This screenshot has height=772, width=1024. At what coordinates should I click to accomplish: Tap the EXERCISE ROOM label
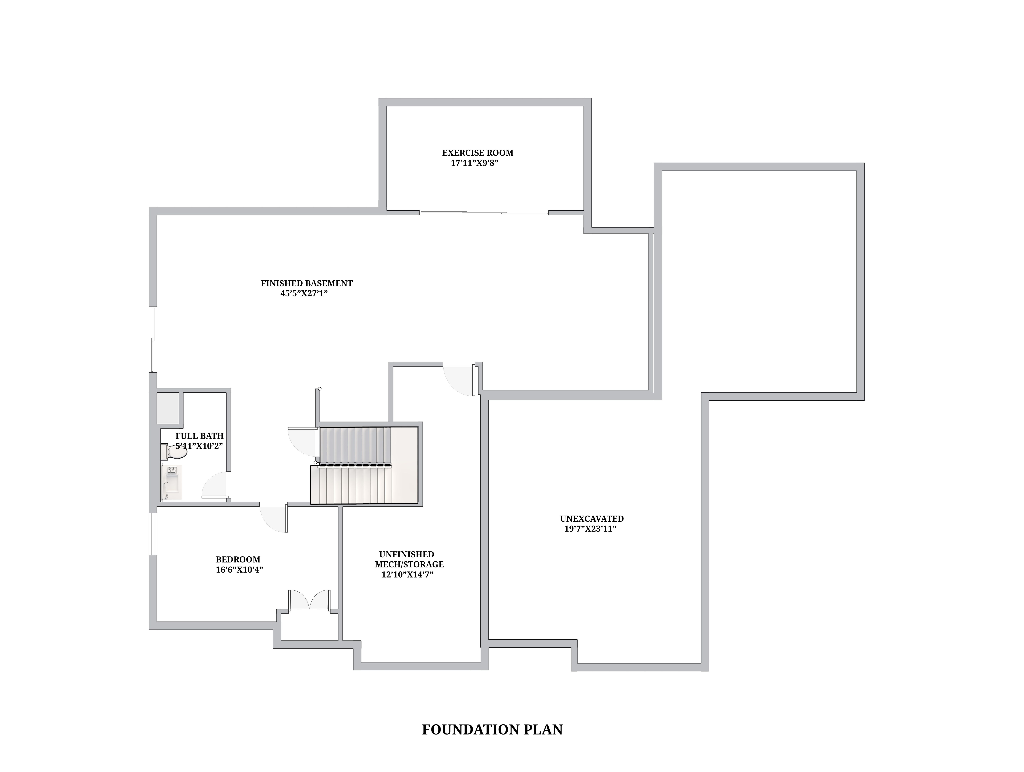[x=478, y=153]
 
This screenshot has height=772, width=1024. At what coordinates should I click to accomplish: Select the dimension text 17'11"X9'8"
[x=474, y=163]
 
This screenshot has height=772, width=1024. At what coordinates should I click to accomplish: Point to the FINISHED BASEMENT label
[x=306, y=283]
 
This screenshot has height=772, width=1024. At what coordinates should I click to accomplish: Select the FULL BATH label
[x=199, y=436]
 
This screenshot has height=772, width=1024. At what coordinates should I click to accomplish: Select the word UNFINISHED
[x=407, y=554]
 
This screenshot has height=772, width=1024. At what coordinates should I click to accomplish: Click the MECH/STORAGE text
[x=409, y=565]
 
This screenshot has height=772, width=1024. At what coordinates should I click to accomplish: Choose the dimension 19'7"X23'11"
[x=590, y=529]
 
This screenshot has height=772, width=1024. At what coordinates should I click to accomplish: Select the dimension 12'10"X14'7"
[x=407, y=575]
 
